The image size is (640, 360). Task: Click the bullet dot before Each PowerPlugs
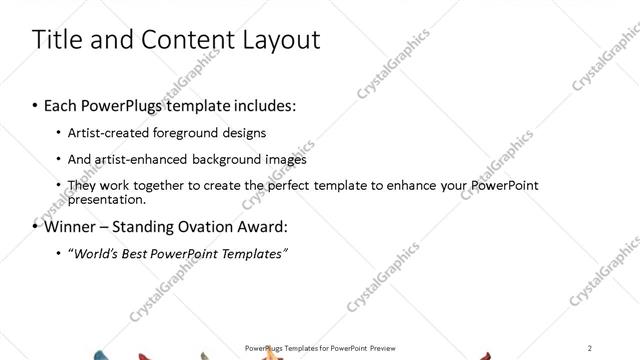point(36,105)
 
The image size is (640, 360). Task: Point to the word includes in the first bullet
point(264,105)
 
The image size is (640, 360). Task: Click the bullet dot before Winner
point(36,226)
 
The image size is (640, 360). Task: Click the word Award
point(266,226)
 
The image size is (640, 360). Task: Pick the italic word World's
point(96,253)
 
